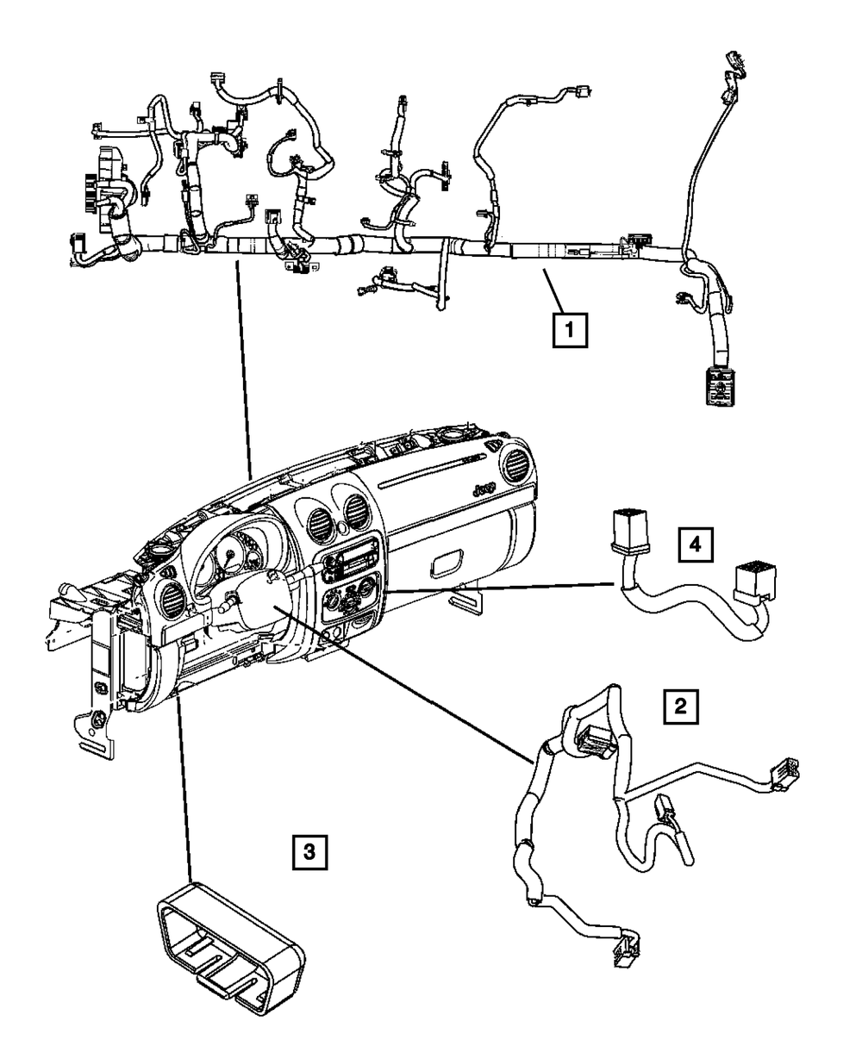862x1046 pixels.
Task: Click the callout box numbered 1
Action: [570, 330]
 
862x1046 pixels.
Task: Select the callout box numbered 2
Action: [681, 707]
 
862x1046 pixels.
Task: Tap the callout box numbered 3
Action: [309, 851]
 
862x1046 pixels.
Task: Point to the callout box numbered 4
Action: [696, 544]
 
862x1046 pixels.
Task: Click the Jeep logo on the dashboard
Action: [483, 489]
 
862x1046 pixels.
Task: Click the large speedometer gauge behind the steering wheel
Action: [229, 557]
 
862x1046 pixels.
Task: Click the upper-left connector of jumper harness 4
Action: [628, 528]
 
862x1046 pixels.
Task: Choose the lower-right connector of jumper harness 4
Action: [755, 582]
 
